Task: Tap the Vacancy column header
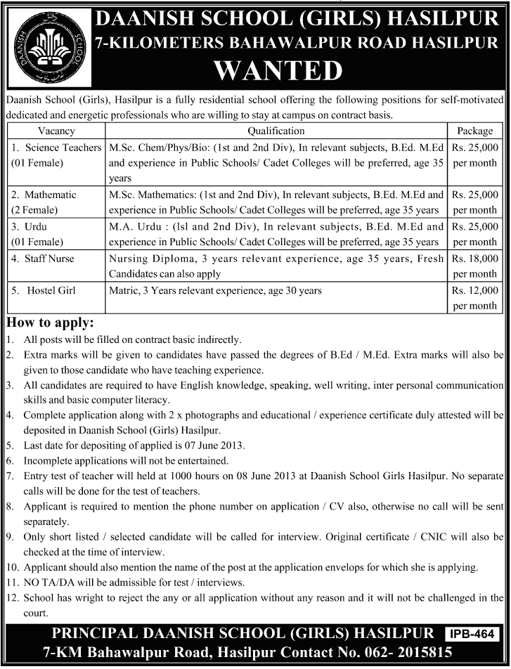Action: [x=56, y=131]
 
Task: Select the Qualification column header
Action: [x=276, y=131]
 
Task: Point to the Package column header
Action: [x=475, y=131]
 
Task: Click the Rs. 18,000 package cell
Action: [x=475, y=266]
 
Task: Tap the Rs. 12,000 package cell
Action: [x=475, y=297]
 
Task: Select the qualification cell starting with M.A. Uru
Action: [x=276, y=234]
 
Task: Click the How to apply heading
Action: [x=49, y=323]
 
